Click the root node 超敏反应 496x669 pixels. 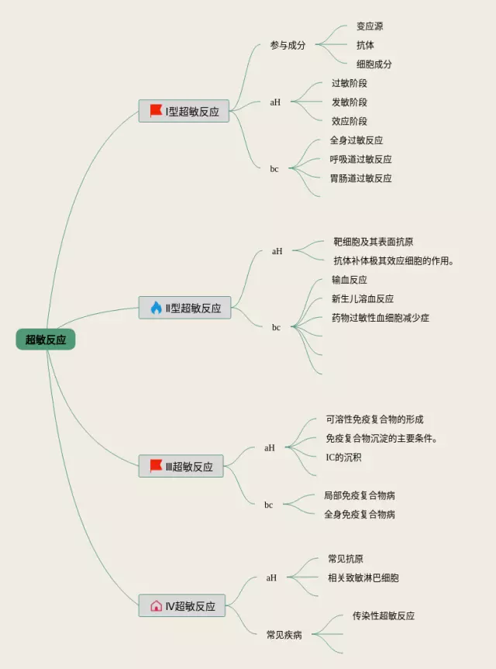46,340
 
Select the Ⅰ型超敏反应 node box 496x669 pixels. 184,111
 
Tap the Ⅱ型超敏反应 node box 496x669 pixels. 185,308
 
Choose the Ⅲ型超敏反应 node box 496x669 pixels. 181,466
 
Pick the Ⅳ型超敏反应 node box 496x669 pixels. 182,605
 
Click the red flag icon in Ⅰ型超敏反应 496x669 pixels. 156,111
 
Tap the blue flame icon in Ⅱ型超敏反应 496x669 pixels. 156,308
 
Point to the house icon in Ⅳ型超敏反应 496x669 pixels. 156,605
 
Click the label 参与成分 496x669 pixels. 288,45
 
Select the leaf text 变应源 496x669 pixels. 369,26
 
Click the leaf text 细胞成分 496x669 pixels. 374,64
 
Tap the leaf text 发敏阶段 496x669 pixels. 349,102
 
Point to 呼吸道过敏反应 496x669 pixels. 360,159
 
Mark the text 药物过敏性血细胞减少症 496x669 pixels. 381,318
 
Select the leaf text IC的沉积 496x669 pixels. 343,457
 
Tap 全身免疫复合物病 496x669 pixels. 360,514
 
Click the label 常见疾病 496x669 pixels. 284,634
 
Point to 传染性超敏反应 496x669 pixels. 384,616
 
